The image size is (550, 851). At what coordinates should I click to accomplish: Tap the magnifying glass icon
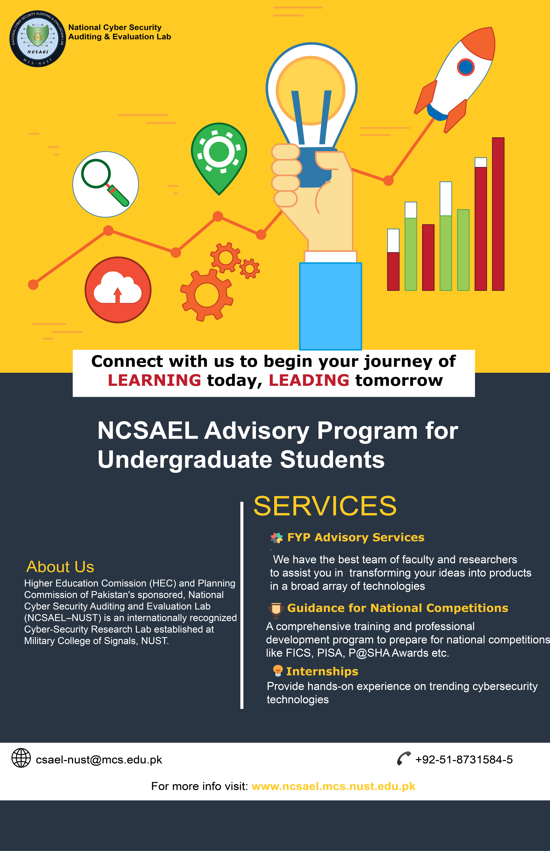pyautogui.click(x=105, y=184)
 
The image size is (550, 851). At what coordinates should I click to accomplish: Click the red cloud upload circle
pyautogui.click(x=118, y=290)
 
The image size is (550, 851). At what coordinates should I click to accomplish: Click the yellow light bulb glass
pyautogui.click(x=311, y=89)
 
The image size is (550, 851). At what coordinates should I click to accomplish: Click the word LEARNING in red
pyautogui.click(x=154, y=380)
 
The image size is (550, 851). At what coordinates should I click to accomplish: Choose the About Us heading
pyautogui.click(x=60, y=567)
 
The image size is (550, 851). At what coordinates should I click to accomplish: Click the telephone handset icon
pyautogui.click(x=404, y=759)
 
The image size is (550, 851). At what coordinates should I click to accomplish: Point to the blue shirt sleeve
pyautogui.click(x=330, y=306)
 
